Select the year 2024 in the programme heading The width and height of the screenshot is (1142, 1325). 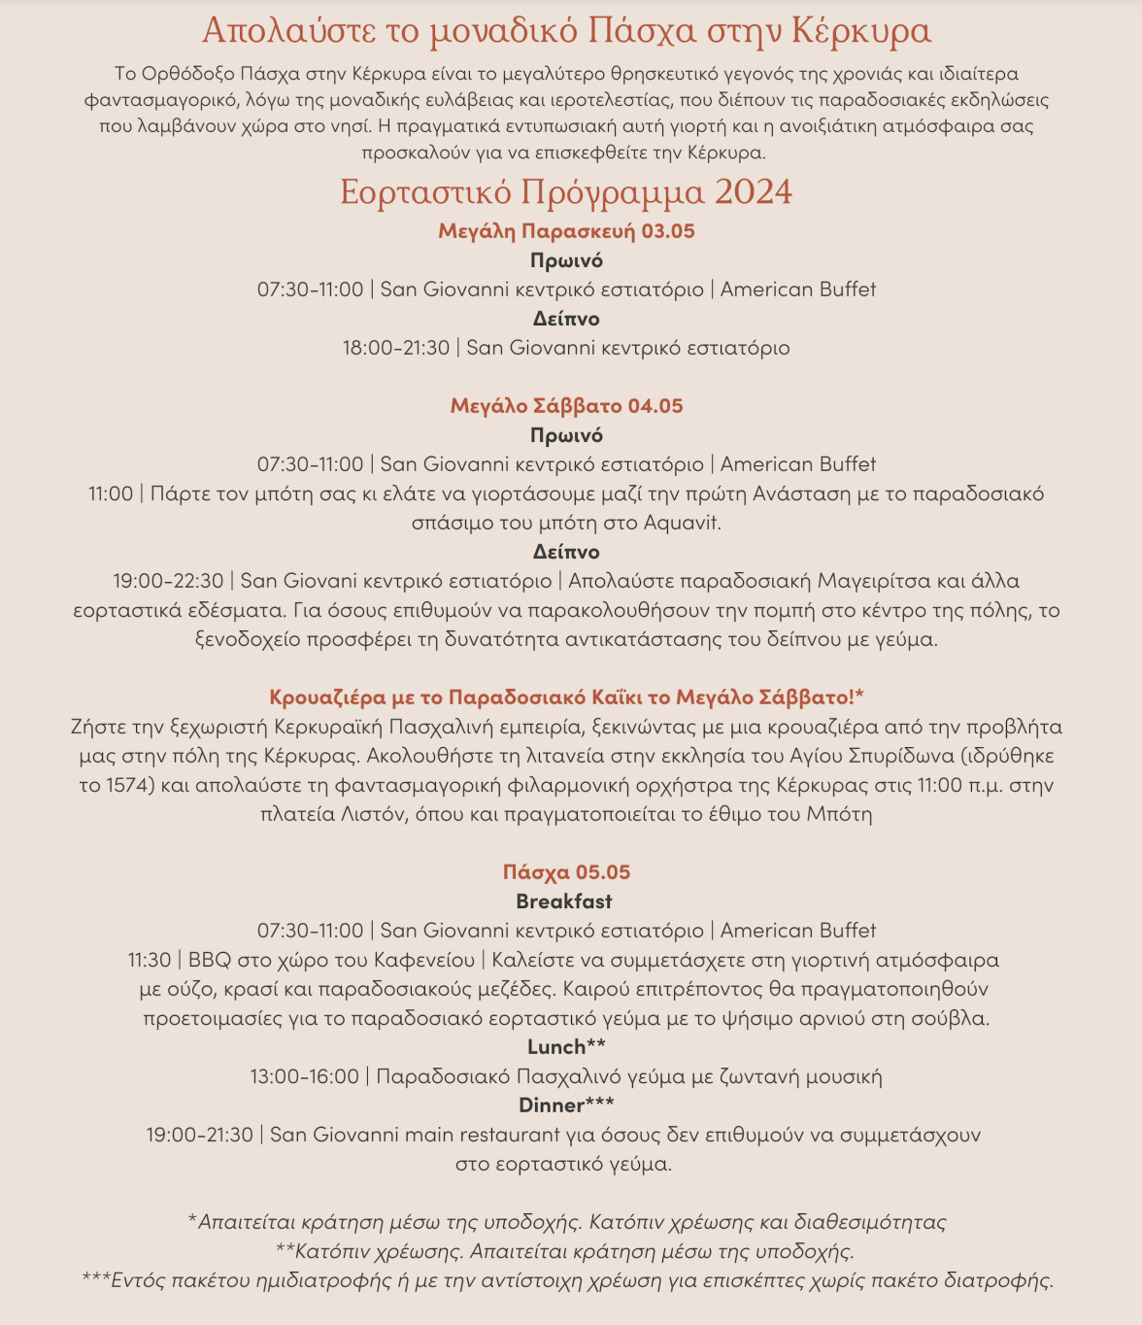(x=753, y=192)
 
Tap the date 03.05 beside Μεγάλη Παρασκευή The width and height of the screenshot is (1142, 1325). (x=668, y=231)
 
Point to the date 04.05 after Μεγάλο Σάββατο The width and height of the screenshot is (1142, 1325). (x=655, y=406)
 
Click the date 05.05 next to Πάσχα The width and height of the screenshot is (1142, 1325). (x=603, y=872)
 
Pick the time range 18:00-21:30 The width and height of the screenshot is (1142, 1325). (x=396, y=348)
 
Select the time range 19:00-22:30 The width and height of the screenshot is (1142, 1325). (x=168, y=581)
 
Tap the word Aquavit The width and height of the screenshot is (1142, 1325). (x=682, y=523)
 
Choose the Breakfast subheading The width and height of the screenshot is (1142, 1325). (x=564, y=901)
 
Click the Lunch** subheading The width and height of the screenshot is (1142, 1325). (x=566, y=1047)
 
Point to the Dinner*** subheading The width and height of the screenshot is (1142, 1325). (x=566, y=1105)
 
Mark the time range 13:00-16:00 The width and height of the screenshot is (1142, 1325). (x=304, y=1076)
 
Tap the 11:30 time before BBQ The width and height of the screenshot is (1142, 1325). (x=150, y=960)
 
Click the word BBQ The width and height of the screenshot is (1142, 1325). (x=210, y=960)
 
